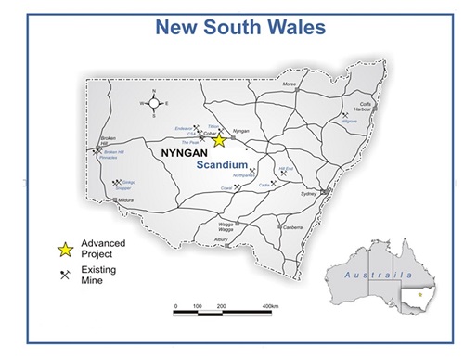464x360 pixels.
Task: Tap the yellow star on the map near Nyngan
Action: click(219, 141)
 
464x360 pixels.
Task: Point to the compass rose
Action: click(154, 103)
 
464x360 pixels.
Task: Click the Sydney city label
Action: click(309, 194)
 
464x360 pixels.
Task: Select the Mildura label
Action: click(127, 199)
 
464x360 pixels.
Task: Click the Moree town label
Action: click(290, 84)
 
